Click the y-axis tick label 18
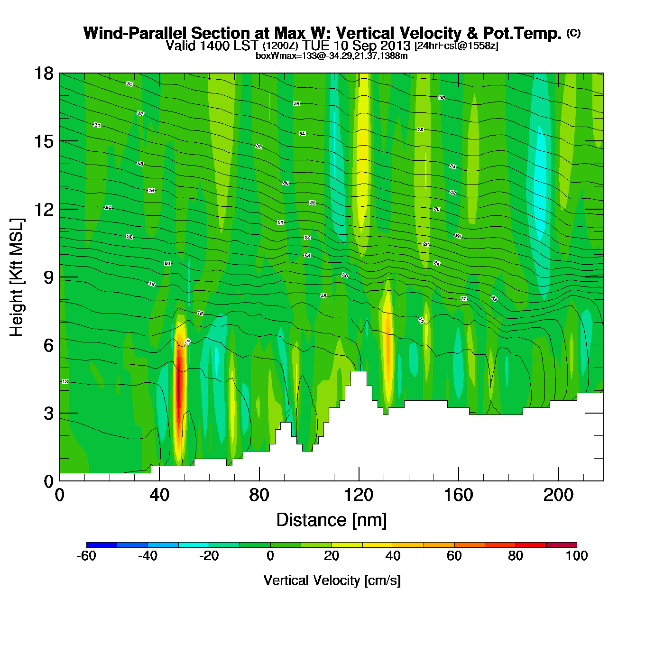click(x=43, y=74)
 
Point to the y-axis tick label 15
click(x=43, y=141)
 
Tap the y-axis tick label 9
click(x=48, y=277)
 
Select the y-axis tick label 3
click(x=48, y=414)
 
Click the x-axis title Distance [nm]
click(x=332, y=520)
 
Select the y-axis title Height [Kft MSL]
click(x=16, y=277)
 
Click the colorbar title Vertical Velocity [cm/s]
click(x=332, y=581)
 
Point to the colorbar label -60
click(x=86, y=556)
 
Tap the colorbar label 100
click(x=577, y=556)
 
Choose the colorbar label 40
click(x=393, y=556)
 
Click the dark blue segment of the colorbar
click(x=101, y=544)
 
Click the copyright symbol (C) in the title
click(x=573, y=33)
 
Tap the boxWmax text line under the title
click(x=332, y=56)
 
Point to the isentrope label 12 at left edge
click(x=65, y=382)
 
